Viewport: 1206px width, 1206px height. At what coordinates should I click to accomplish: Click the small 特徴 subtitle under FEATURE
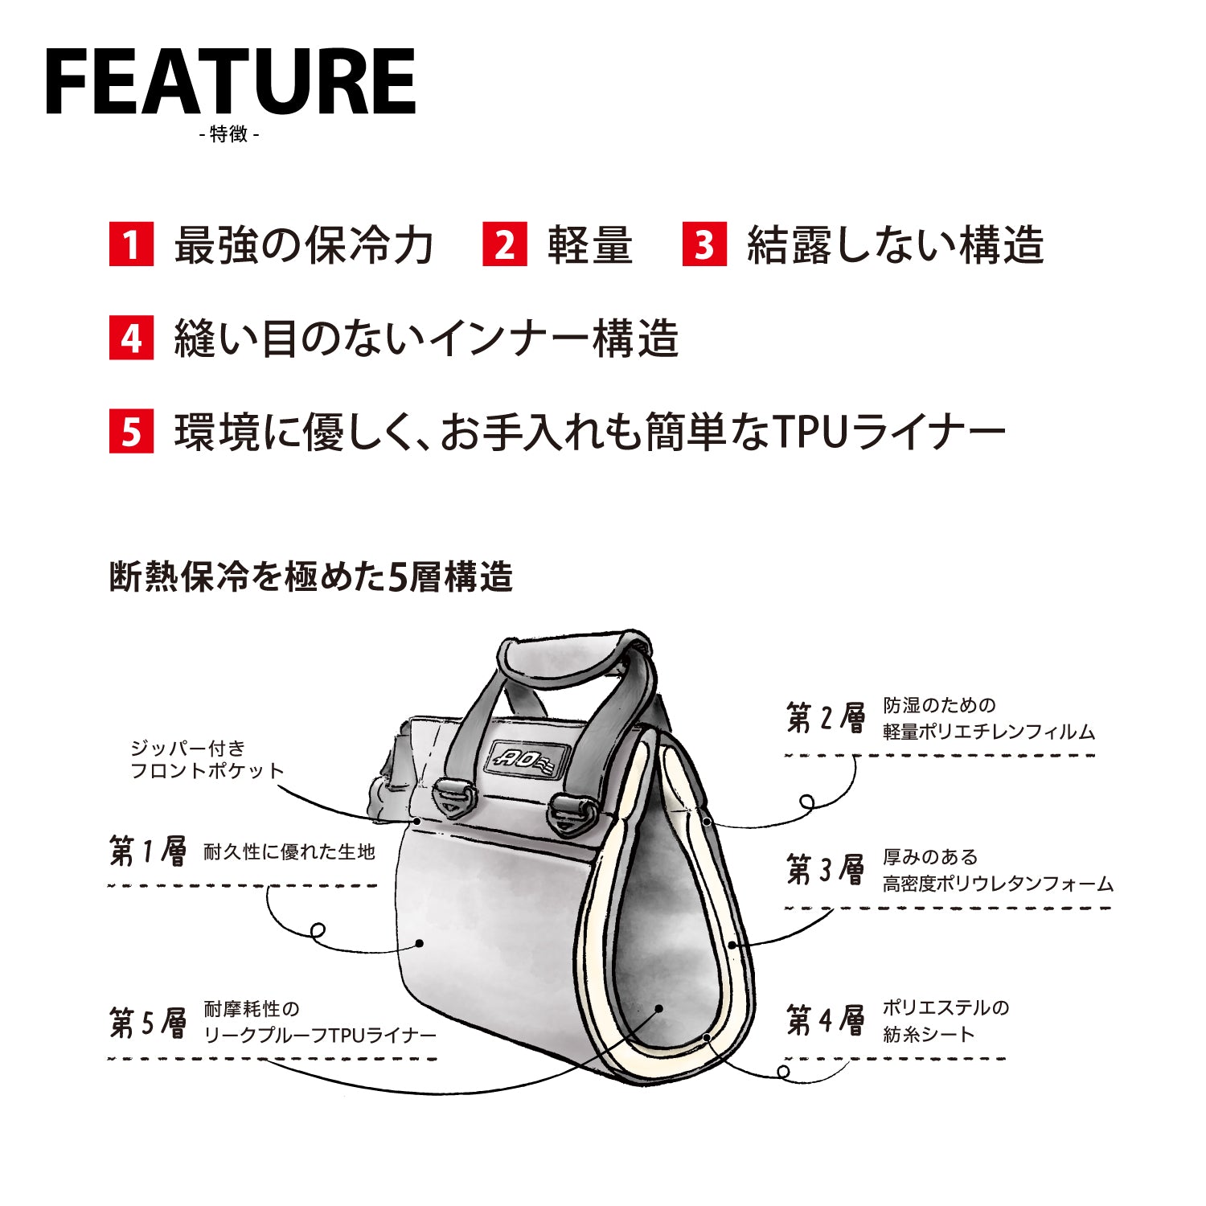coord(229,134)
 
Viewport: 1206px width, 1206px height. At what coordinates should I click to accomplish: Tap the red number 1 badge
coord(131,244)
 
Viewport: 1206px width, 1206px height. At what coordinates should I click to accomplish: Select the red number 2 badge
coord(504,244)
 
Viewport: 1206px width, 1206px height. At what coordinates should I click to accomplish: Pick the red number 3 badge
coord(704,244)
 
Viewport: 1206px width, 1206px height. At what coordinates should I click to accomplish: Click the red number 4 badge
coord(131,338)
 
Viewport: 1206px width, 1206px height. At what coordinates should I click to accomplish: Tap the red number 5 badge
coord(131,432)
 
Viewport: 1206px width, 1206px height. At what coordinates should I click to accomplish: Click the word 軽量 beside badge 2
coord(589,244)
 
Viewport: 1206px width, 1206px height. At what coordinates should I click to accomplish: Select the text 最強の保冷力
coord(304,244)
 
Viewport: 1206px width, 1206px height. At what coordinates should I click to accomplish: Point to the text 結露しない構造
coord(895,244)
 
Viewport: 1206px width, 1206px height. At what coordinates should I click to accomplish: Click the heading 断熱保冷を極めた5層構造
coord(310,577)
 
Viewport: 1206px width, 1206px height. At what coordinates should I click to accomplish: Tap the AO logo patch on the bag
coord(528,758)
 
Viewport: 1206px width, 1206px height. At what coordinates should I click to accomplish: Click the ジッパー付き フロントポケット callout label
coord(207,760)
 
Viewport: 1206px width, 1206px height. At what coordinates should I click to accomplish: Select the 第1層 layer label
coord(148,851)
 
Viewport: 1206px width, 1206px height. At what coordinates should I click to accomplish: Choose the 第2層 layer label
coord(826,717)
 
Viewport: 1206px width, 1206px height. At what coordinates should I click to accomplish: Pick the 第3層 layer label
coord(826,869)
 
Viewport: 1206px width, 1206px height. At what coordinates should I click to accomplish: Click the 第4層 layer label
coord(826,1020)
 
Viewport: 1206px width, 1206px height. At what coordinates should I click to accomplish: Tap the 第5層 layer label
coord(148,1022)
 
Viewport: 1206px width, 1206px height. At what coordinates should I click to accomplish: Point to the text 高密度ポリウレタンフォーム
coord(998,884)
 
